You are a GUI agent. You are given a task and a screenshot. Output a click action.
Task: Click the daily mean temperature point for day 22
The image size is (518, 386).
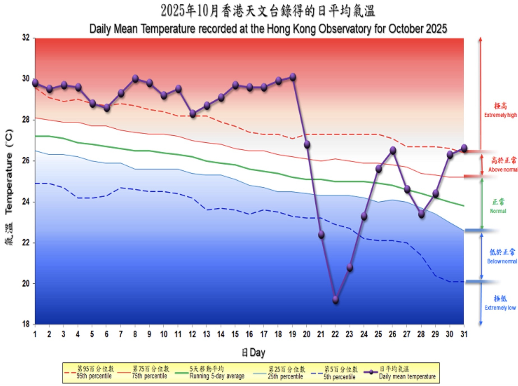(x=336, y=300)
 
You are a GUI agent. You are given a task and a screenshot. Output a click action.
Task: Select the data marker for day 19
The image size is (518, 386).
(x=293, y=77)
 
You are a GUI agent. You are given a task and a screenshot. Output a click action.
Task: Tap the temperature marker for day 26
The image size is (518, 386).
(x=393, y=151)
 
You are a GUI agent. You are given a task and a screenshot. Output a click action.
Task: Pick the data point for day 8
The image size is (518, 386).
(x=135, y=79)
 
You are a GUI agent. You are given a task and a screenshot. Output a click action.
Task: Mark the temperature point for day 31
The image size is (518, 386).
(x=464, y=148)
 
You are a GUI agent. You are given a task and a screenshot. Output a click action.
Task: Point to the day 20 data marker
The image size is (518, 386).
(x=307, y=144)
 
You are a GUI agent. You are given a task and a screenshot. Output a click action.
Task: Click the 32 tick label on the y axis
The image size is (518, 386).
(x=26, y=38)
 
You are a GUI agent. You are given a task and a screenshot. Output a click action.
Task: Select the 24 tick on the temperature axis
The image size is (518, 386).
(x=26, y=202)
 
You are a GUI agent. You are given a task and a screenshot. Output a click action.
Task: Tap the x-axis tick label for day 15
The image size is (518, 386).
(x=235, y=334)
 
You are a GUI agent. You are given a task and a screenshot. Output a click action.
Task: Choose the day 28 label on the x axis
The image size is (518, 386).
(x=421, y=334)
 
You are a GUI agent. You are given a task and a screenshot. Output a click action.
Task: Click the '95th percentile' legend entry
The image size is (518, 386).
(x=94, y=376)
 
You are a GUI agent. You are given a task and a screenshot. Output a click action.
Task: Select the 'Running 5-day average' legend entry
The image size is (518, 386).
(x=217, y=376)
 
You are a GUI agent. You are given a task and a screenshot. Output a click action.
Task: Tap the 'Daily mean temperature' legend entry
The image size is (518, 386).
(x=407, y=376)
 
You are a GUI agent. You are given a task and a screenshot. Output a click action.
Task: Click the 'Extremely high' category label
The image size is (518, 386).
(x=500, y=115)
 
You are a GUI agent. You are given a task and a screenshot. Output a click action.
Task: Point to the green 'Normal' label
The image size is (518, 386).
(x=498, y=211)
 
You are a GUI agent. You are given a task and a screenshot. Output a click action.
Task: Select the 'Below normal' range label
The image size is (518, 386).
(x=502, y=261)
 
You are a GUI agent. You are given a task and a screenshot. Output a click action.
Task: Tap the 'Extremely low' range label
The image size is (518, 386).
(x=500, y=308)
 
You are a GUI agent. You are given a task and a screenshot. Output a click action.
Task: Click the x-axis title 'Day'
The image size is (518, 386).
(x=257, y=352)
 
